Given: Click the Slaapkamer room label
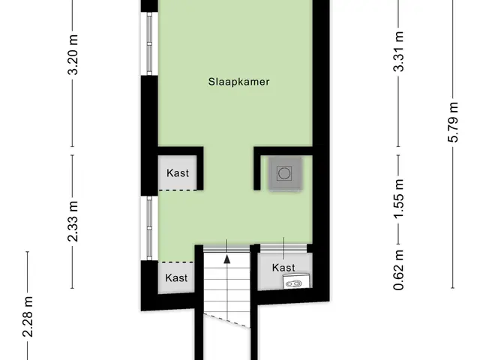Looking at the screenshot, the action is [x=238, y=82].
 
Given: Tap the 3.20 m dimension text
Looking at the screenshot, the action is [x=73, y=55].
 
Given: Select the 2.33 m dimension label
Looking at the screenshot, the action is [x=73, y=221].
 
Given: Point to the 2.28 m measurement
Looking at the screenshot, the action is [x=28, y=316].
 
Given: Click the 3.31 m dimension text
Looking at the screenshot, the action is [x=398, y=52].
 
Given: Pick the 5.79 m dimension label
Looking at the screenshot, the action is [x=453, y=122].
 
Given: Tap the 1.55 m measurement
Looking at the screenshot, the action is [x=398, y=198].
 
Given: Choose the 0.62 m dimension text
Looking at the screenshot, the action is [x=398, y=270].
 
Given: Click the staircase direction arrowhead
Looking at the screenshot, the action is [x=226, y=259].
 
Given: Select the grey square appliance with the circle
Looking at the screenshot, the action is [x=285, y=173].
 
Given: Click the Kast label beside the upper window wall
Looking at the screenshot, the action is [x=178, y=173].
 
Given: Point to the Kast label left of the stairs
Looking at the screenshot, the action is [x=176, y=277].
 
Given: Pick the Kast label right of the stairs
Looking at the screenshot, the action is [x=283, y=268].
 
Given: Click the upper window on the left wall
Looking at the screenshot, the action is [x=149, y=43].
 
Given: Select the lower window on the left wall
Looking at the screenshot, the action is [x=149, y=228].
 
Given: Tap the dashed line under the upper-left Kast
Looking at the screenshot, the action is [x=178, y=190].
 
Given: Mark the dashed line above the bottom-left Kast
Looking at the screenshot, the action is [x=177, y=262].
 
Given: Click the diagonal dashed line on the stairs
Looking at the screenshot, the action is [x=226, y=320].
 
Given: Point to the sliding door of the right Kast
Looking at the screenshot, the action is [x=283, y=248].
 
